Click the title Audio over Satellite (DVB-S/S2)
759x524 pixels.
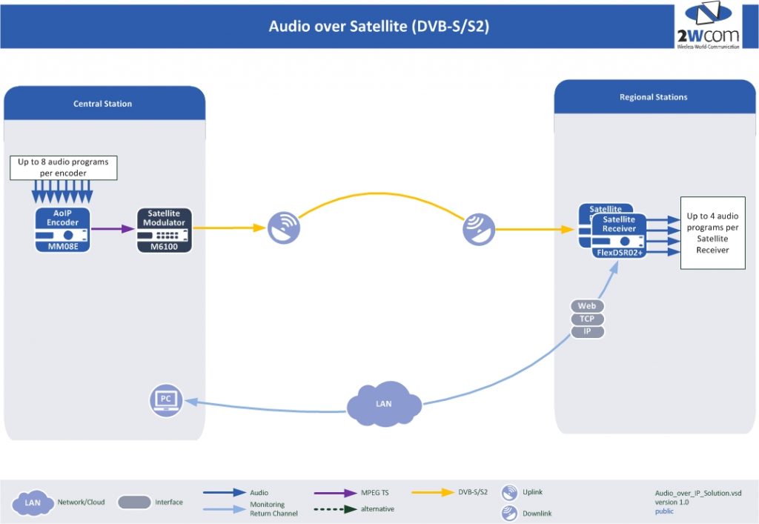coord(379,27)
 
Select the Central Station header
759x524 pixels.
coord(103,104)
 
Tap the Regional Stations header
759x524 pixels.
coord(653,97)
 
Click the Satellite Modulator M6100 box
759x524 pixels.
coord(165,230)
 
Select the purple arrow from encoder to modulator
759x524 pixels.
coord(116,229)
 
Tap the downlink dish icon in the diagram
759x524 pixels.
coord(479,229)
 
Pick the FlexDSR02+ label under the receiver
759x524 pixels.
coord(620,253)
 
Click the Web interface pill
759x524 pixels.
coord(587,306)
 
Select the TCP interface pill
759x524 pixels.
coord(587,319)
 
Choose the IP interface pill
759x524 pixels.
coord(587,331)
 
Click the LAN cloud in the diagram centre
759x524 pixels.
coord(384,404)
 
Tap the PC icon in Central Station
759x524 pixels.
coord(166,399)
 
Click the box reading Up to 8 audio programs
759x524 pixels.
coord(63,167)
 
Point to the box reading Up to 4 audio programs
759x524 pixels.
coord(712,233)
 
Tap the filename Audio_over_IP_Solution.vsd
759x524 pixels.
coord(697,493)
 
